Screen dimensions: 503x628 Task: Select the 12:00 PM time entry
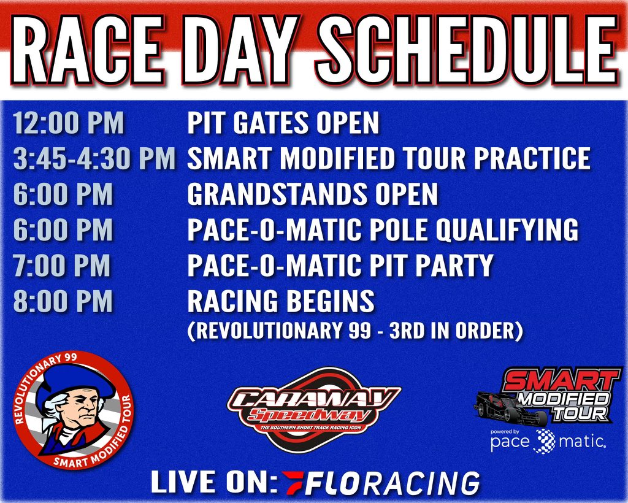point(68,123)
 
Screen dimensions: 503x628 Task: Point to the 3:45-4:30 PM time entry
point(94,158)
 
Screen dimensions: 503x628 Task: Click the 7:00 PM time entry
point(62,266)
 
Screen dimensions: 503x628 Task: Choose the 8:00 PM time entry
point(63,302)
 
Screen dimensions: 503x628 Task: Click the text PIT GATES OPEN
point(283,123)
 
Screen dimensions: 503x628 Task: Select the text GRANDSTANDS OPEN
point(312,194)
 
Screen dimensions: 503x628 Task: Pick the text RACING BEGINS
point(280,302)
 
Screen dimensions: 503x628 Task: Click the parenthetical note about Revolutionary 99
point(355,331)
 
